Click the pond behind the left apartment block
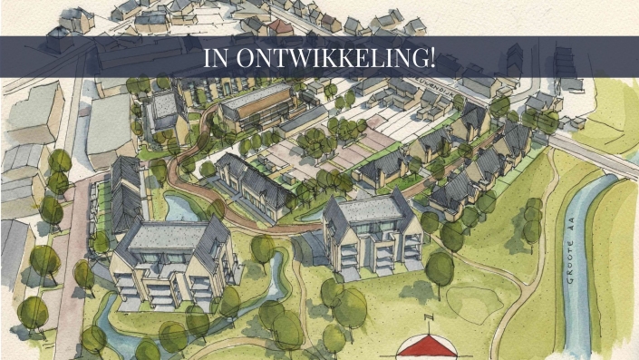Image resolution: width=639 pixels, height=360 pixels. [x=181, y=209]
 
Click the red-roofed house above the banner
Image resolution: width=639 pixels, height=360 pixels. [x=281, y=26]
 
